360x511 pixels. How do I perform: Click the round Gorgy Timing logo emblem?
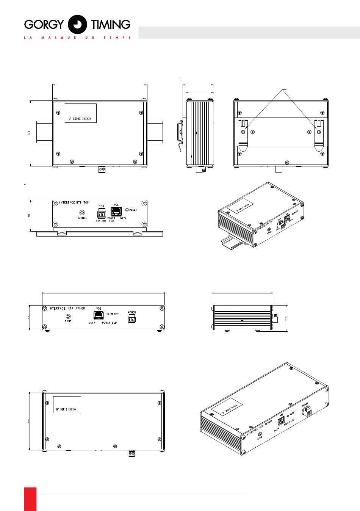click(x=77, y=25)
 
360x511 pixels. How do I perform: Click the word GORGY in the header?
click(x=44, y=25)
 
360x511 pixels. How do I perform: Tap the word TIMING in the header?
click(x=111, y=25)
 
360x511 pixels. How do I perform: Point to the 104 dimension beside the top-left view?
click(x=28, y=133)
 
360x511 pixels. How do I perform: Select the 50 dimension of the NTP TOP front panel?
click(x=28, y=215)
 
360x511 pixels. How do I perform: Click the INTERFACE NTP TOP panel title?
click(x=74, y=203)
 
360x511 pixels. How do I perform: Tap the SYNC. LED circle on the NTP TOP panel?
click(x=82, y=213)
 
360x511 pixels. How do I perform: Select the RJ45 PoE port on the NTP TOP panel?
click(x=116, y=212)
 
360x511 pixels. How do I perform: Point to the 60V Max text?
click(x=101, y=221)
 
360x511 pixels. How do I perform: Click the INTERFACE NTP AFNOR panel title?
click(x=67, y=309)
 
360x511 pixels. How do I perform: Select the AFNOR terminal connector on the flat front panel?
click(x=131, y=319)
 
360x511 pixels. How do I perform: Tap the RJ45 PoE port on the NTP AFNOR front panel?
click(x=99, y=315)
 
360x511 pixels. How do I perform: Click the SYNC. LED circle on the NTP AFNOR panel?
click(x=68, y=316)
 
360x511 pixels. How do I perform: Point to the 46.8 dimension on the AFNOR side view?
click(x=286, y=318)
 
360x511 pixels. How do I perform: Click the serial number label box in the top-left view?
click(x=81, y=113)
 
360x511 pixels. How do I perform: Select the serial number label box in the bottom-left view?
click(x=67, y=404)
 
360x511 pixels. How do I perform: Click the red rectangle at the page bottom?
click(x=30, y=499)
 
